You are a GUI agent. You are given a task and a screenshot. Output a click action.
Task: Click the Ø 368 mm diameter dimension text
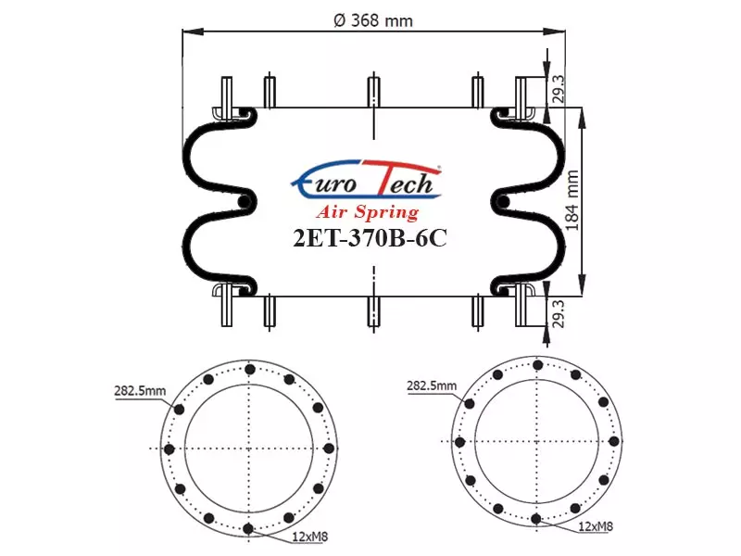[373, 20]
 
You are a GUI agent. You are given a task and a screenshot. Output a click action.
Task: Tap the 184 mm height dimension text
[572, 200]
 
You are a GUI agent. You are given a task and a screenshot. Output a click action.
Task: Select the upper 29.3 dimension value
[559, 89]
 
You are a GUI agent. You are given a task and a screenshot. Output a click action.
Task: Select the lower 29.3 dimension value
[559, 313]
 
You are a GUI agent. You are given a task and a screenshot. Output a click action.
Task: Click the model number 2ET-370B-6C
[370, 238]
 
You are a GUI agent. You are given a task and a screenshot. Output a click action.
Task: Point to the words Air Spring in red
[368, 212]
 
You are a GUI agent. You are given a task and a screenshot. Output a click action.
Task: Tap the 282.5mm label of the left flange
[140, 391]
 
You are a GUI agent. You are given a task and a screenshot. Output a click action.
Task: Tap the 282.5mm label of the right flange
[432, 385]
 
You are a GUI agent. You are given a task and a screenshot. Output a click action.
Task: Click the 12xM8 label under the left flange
[310, 537]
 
